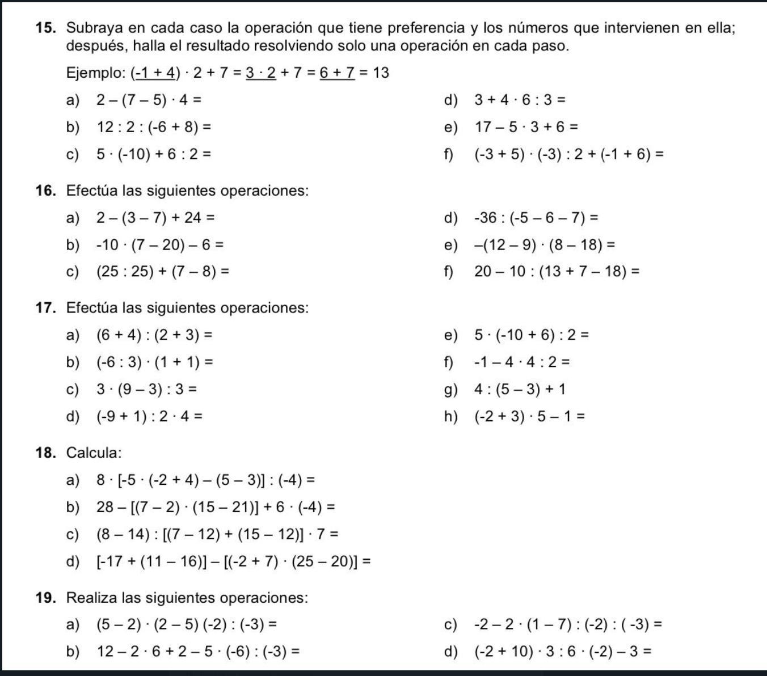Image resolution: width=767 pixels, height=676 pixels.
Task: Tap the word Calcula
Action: (94, 453)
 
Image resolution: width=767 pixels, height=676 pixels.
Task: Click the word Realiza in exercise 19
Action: (91, 598)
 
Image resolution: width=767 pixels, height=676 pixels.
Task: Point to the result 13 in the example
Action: (381, 73)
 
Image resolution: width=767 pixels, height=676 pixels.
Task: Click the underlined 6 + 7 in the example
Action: (337, 73)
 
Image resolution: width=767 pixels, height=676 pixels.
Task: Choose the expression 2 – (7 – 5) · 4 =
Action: (149, 100)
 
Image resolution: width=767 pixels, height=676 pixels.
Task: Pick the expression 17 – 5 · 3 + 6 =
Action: (526, 127)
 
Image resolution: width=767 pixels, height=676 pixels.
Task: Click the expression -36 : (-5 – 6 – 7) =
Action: (536, 218)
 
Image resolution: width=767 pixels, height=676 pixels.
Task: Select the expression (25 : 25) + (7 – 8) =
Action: (163, 272)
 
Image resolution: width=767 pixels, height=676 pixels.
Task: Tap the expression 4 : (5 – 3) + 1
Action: (520, 390)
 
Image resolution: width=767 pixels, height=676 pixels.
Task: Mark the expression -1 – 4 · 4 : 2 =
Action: (522, 362)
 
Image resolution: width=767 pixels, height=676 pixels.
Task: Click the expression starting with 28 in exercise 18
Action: (216, 507)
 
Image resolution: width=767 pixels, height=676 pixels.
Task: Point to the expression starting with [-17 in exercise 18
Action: (234, 562)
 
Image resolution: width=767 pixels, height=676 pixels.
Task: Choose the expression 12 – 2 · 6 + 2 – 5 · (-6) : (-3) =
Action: (198, 652)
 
